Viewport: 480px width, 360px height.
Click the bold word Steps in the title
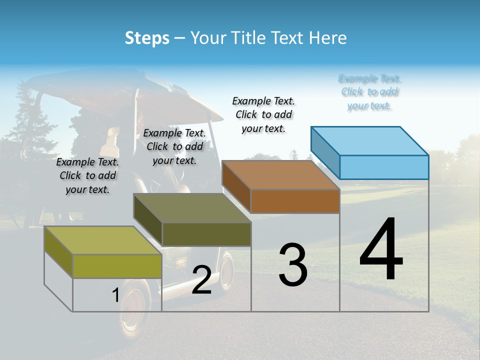[147, 38]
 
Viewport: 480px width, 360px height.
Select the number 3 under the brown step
[293, 265]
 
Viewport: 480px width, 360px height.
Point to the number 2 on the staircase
[201, 280]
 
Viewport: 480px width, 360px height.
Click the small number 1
[115, 295]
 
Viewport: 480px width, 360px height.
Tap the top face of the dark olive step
[192, 208]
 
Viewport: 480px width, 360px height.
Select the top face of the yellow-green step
[103, 240]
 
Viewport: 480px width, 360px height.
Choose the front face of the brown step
[295, 201]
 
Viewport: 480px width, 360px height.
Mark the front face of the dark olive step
[206, 234]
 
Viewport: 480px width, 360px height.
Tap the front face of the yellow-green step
[117, 266]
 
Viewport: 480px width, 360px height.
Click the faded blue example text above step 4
[369, 92]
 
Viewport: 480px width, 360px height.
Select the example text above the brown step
[263, 114]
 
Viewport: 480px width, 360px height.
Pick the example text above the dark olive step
[174, 146]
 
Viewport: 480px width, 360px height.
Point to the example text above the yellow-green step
[87, 175]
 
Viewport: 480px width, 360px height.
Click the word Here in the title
[328, 38]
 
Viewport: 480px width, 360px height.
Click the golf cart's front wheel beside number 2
[226, 272]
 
